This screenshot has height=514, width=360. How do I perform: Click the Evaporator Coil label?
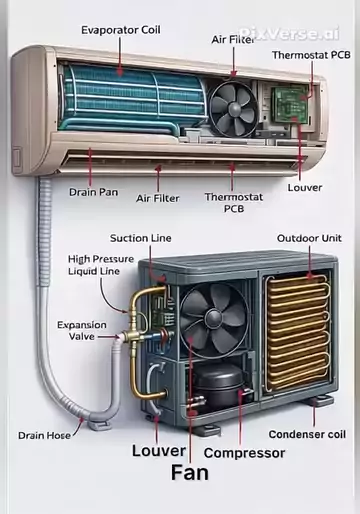click(x=121, y=30)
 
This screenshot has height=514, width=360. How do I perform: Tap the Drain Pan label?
click(x=94, y=192)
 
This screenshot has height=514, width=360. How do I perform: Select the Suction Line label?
click(x=141, y=238)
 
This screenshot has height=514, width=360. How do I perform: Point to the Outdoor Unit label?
click(x=309, y=238)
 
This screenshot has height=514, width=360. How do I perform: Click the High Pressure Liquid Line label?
click(x=101, y=265)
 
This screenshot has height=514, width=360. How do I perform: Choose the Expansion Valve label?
click(x=82, y=331)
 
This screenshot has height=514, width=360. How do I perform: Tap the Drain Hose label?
click(x=44, y=435)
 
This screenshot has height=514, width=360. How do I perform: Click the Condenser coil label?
click(x=307, y=434)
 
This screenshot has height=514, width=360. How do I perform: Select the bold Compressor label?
click(x=244, y=453)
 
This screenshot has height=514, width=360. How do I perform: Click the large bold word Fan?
click(x=190, y=473)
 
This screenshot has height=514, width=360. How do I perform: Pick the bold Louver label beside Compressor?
click(x=159, y=451)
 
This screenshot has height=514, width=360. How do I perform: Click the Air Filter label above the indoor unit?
click(x=233, y=40)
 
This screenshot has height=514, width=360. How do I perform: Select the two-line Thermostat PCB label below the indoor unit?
click(x=234, y=203)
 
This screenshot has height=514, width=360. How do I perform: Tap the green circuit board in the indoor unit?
click(x=289, y=104)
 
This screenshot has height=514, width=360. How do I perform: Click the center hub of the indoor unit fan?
click(x=235, y=109)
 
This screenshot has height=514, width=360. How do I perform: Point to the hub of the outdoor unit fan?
click(x=214, y=319)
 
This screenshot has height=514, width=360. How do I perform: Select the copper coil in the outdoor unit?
click(x=298, y=333)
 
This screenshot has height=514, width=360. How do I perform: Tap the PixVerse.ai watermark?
click(x=289, y=34)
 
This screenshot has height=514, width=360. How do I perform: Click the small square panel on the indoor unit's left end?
click(x=17, y=158)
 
